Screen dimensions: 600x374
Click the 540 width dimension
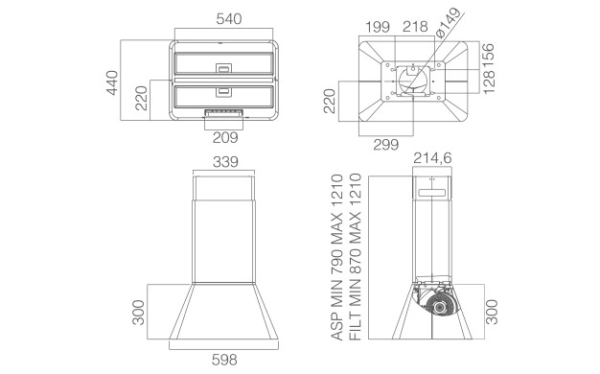click(229, 19)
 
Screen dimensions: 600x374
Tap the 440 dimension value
click(112, 82)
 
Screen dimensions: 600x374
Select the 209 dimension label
click(225, 137)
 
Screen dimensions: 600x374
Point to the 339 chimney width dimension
click(225, 161)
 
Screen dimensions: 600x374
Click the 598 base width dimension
click(224, 360)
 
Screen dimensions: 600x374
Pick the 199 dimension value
click(378, 27)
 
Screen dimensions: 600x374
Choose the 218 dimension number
click(415, 27)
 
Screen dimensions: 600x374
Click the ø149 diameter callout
click(448, 23)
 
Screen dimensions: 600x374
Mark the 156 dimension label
click(488, 56)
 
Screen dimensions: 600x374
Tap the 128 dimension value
click(489, 82)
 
